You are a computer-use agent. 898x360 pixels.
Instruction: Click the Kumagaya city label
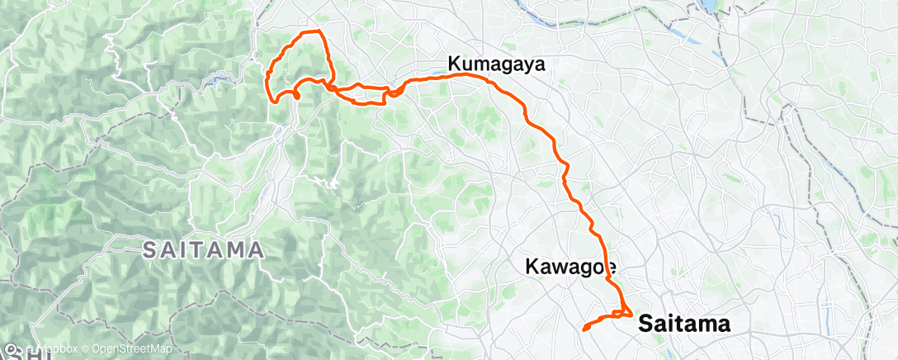pos(496,64)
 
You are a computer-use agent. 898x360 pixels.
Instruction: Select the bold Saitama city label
pos(685,324)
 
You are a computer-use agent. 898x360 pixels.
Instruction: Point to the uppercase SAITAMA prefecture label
pos(203,249)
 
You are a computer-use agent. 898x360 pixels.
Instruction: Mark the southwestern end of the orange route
pos(584,329)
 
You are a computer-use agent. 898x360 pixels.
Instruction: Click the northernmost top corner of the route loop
pos(319,31)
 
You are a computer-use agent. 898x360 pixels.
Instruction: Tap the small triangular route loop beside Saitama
pos(623,312)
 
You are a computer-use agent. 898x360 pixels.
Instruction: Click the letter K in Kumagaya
pos(454,64)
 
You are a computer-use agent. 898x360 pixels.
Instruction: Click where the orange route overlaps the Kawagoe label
pos(609,266)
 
